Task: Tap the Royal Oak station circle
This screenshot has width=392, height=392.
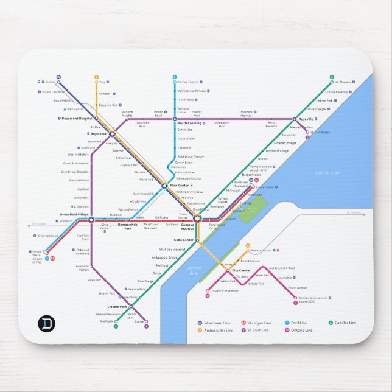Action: click(x=112, y=133)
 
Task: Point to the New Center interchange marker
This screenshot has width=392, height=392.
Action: click(x=164, y=185)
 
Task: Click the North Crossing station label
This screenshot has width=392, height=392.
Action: click(x=189, y=123)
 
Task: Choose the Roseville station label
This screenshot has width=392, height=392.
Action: click(x=305, y=119)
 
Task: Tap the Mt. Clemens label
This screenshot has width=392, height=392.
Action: click(x=342, y=82)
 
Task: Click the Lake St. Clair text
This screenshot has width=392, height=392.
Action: click(x=326, y=173)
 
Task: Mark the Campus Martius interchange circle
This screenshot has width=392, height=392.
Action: click(x=197, y=218)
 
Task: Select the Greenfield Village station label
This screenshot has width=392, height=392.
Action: click(x=74, y=214)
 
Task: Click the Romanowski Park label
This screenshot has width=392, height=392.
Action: click(x=128, y=226)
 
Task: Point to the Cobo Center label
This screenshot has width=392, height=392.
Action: click(x=183, y=240)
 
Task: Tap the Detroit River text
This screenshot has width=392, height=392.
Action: click(x=194, y=270)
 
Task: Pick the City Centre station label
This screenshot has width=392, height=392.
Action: click(x=240, y=270)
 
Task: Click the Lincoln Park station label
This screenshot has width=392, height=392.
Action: click(x=116, y=306)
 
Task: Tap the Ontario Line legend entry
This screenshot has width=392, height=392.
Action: click(x=300, y=330)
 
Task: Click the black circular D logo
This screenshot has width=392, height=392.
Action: click(x=46, y=323)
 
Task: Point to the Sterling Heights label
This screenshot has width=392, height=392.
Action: click(x=188, y=82)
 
